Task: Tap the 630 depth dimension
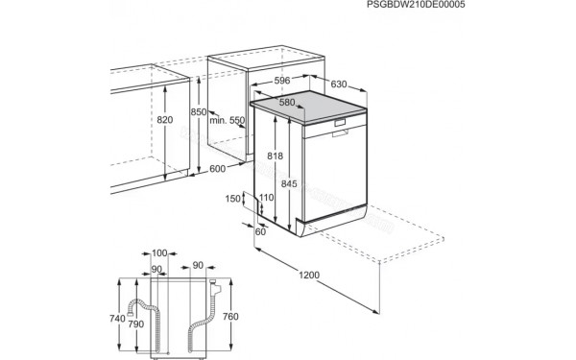pyautogui.click(x=338, y=84)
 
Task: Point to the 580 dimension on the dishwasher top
pyautogui.click(x=287, y=102)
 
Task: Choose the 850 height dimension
pyautogui.click(x=198, y=112)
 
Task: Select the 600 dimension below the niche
pyautogui.click(x=219, y=169)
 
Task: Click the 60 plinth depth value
pyautogui.click(x=260, y=231)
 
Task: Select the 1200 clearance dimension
pyautogui.click(x=309, y=276)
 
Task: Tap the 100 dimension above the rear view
pyautogui.click(x=160, y=252)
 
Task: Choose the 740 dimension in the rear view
pyautogui.click(x=116, y=318)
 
